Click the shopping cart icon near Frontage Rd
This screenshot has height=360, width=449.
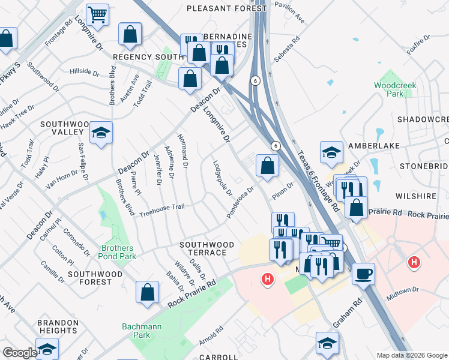pos(97,14)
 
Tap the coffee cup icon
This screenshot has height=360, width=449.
pos(363,274)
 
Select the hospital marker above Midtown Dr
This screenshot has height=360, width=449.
pos(413,262)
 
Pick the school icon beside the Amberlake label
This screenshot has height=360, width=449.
pos(331,152)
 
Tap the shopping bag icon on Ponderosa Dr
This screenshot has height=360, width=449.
pos(267,165)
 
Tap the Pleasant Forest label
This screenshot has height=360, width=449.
pos(226,8)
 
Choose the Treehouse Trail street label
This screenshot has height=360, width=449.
pos(162,211)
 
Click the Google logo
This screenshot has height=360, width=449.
pos(19,353)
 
